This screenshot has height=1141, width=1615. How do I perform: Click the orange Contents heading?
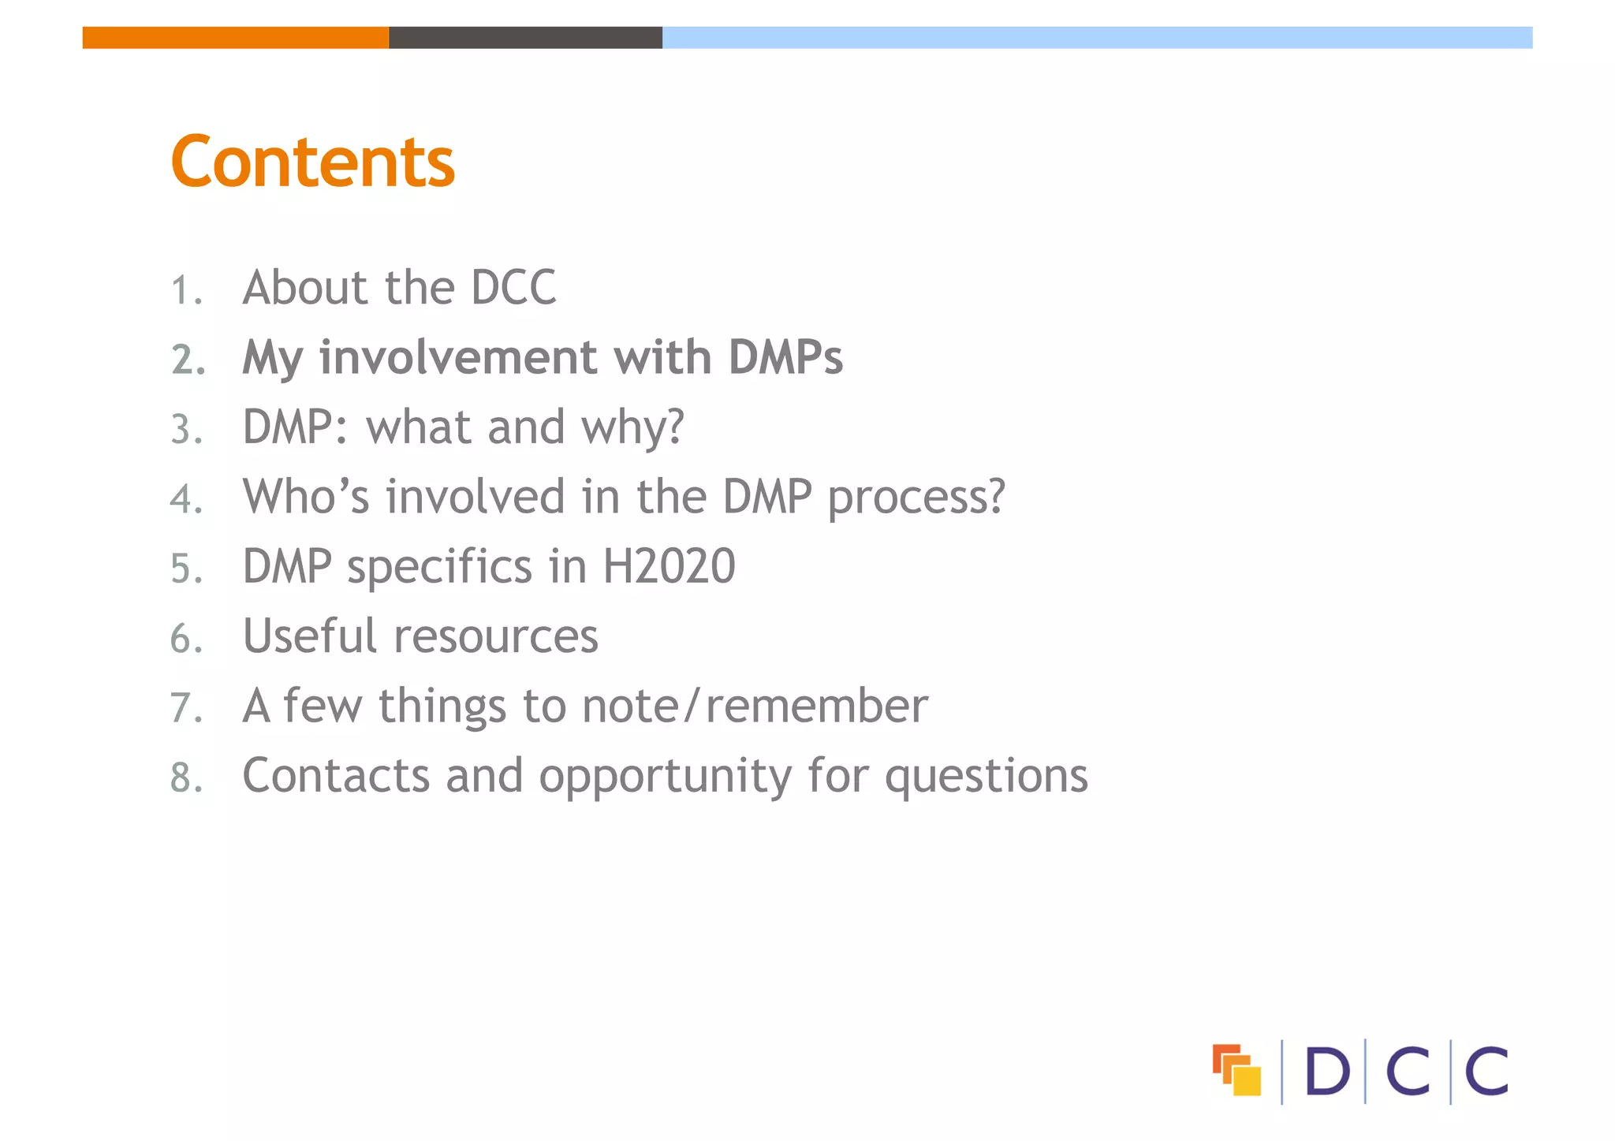click(312, 162)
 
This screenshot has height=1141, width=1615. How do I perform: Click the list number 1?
click(186, 290)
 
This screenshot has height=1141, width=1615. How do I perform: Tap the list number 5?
click(186, 569)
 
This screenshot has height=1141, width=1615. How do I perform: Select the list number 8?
click(186, 778)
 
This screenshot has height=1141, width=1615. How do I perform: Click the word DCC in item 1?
click(513, 287)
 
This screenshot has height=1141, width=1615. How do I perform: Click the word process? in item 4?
click(916, 498)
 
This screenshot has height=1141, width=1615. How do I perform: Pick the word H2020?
click(669, 566)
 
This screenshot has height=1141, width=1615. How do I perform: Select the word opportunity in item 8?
click(666, 777)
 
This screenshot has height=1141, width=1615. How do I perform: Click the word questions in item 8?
click(987, 777)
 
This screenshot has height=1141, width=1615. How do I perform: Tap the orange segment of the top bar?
click(235, 37)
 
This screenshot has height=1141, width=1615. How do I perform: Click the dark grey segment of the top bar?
click(525, 37)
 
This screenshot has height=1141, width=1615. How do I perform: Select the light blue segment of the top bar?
click(1097, 37)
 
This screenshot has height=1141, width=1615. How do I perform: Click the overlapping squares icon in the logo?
click(1236, 1070)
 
